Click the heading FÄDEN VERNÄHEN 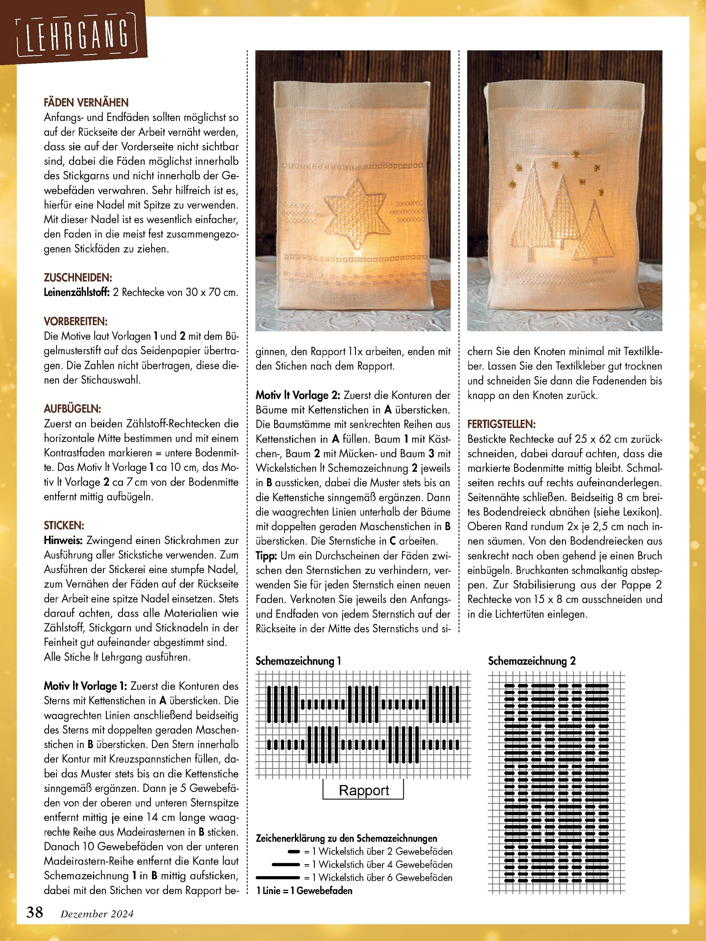[86, 103]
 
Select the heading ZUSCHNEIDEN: [78, 278]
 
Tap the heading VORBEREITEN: [76, 321]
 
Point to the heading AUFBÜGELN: [72, 409]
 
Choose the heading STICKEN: [64, 525]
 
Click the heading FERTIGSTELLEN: [501, 424]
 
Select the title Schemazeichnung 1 [298, 661]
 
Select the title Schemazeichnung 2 [532, 661]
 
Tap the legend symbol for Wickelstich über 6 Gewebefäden [278, 877]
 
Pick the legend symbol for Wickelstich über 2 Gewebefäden [294, 851]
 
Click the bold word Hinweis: [63, 540]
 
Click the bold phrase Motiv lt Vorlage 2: [298, 395]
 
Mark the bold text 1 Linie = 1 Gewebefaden [304, 890]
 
